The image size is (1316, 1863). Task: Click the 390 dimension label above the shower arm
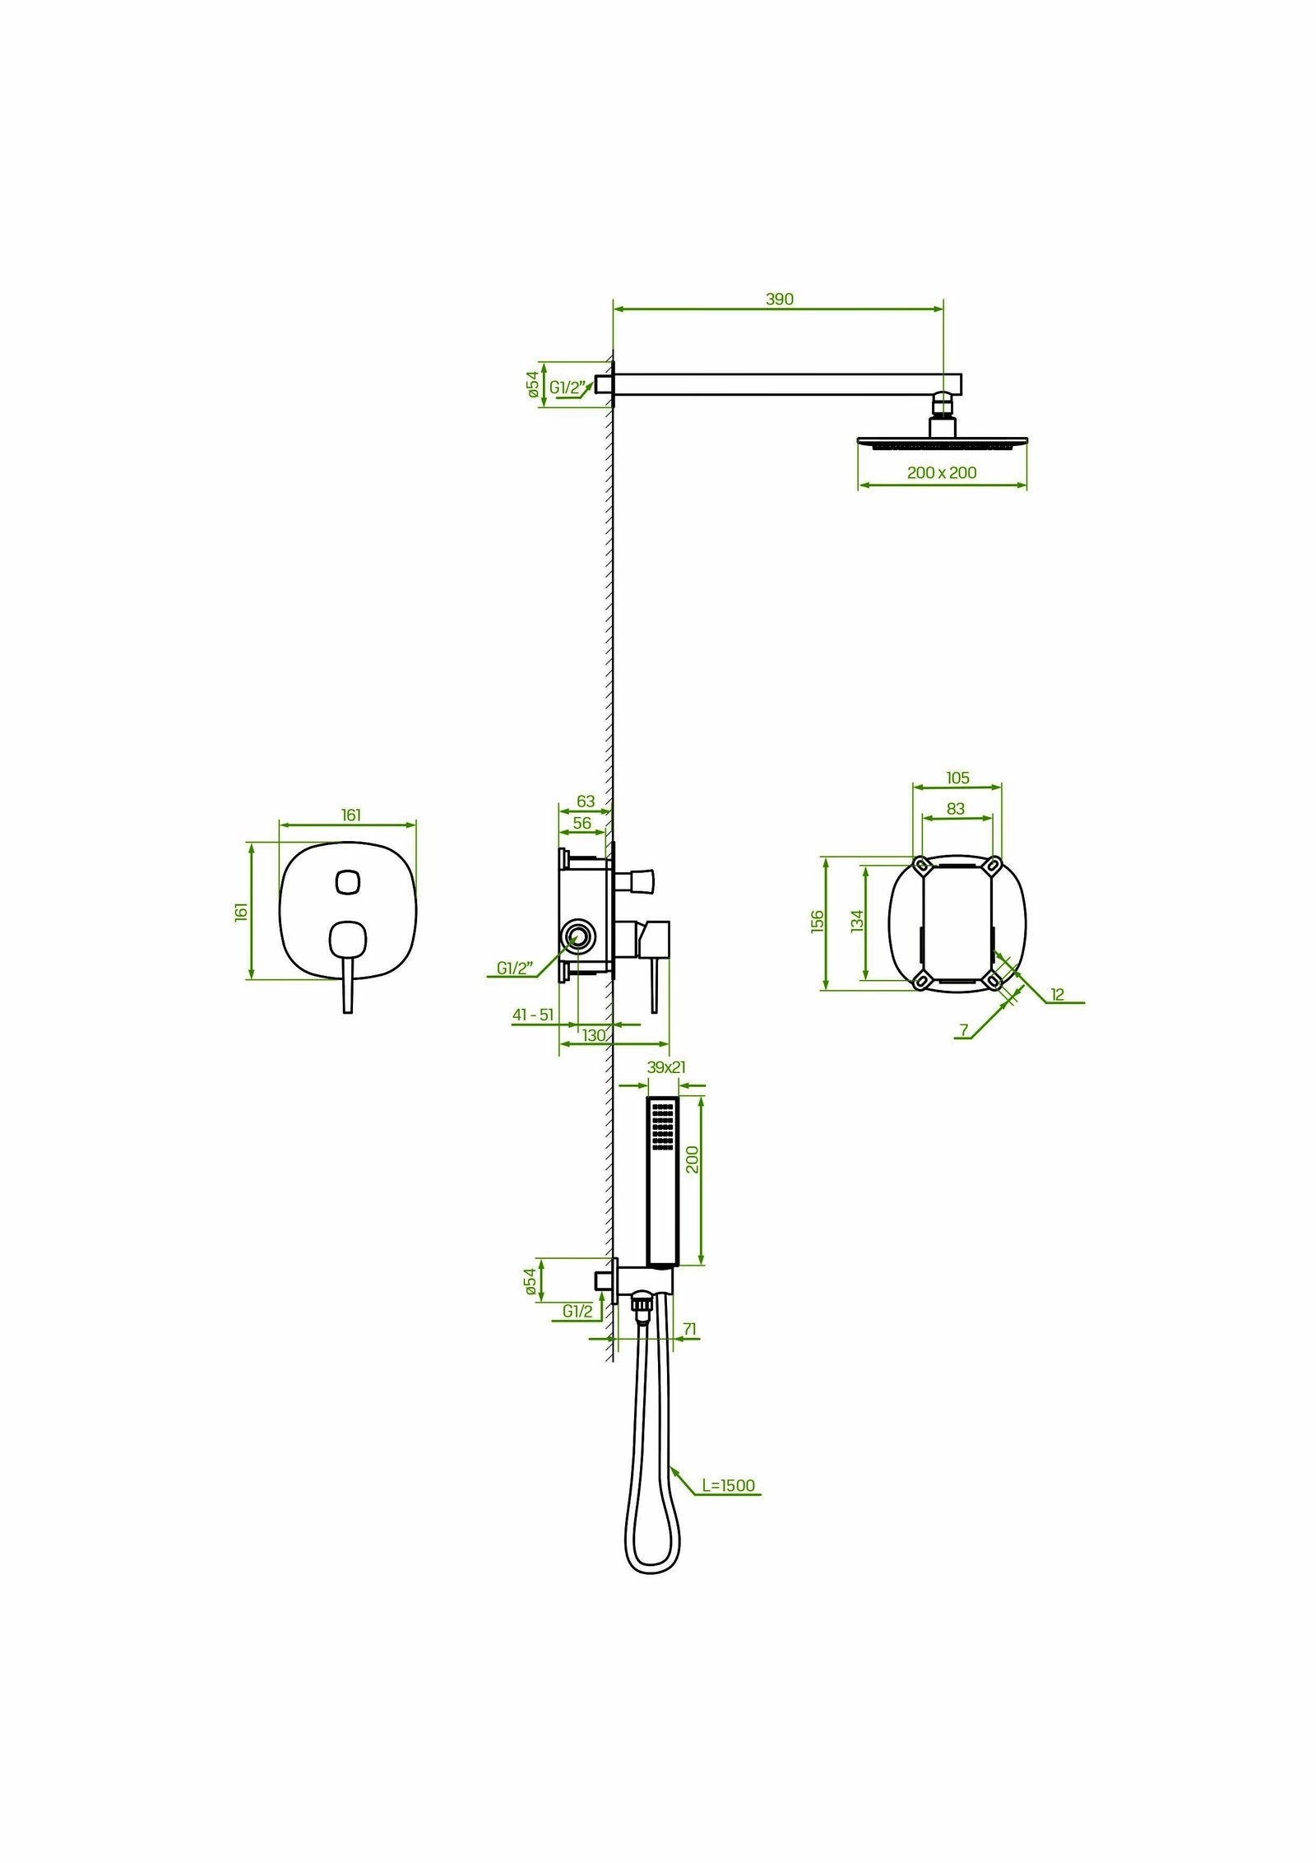779,300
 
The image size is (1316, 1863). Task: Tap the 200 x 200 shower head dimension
942,473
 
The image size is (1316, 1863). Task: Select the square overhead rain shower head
942,444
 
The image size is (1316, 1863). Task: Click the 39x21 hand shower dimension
666,1067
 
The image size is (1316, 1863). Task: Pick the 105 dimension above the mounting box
957,778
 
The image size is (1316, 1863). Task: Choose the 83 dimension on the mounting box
955,809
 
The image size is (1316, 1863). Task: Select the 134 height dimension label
858,921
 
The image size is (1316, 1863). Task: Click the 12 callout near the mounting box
1057,995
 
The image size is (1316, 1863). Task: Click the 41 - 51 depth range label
533,1015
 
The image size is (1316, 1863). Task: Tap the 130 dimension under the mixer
594,1035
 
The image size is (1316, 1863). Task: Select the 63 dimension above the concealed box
585,801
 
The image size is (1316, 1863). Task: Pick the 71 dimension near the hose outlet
690,1351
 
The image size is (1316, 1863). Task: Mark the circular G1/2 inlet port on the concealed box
577,936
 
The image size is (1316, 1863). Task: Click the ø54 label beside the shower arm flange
531,384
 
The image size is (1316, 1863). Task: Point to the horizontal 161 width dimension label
350,815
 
